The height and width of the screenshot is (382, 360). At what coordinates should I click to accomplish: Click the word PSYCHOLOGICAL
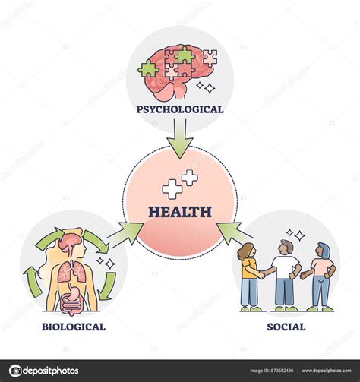coord(180,109)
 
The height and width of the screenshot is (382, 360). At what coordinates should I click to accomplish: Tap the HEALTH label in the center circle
coord(180,212)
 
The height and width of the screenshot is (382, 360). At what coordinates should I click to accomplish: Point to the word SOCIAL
coord(287,327)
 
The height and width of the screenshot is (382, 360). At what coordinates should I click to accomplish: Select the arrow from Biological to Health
coord(126,233)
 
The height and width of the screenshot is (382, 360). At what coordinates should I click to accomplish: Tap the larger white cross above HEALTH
coord(189,178)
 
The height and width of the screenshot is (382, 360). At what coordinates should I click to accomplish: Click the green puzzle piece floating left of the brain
coord(147,69)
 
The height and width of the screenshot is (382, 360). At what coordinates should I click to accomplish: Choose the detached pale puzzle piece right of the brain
coord(210,56)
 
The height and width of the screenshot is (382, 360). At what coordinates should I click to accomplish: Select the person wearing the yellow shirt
coord(249,276)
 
